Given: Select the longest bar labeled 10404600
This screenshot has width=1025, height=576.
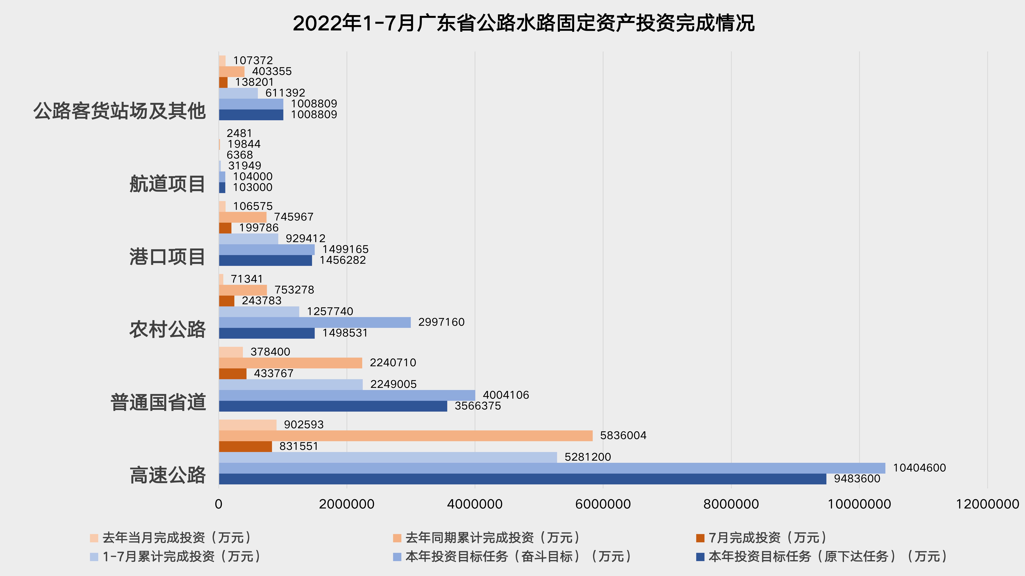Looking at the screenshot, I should pos(552,468).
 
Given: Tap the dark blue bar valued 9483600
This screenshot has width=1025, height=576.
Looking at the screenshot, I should pos(523,479).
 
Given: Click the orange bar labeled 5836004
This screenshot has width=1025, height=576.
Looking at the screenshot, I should pos(405,436).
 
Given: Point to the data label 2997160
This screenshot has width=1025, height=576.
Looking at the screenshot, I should pos(441,322).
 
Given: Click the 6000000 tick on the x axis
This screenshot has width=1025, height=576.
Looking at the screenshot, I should pos(603,504).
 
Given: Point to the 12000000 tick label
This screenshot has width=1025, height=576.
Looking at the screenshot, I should pos(987,504).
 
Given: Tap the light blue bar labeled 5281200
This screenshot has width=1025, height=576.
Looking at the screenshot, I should pos(388,457).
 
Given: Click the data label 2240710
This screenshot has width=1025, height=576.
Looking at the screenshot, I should pos(393,363).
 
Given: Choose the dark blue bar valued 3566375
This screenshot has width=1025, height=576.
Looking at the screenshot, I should pos(333,406).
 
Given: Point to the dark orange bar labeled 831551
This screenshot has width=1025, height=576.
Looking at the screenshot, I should pos(245,446).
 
